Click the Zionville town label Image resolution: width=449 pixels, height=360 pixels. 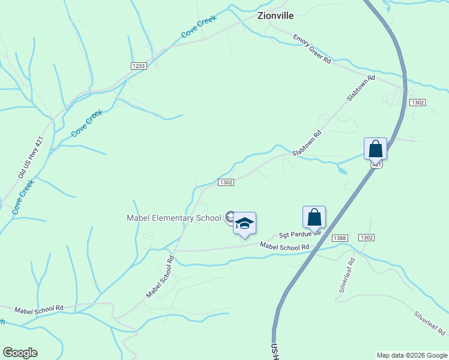276,16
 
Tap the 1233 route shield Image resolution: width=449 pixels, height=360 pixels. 139,66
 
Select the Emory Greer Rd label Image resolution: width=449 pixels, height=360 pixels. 312,49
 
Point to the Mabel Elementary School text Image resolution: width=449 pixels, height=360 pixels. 174,218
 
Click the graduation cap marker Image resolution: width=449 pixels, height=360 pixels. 244,223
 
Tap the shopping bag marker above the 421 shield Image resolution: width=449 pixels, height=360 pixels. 375,148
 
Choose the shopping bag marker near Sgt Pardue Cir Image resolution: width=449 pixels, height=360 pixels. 314,217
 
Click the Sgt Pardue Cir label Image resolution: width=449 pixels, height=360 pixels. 300,233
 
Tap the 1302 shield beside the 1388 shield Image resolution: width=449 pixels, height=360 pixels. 367,238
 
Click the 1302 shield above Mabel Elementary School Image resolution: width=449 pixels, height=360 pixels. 226,182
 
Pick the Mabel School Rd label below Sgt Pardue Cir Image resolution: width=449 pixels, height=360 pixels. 284,246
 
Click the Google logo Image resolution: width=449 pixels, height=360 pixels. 20,353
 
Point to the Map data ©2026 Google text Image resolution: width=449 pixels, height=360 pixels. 412,355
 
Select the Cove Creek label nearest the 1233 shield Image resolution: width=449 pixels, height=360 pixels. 198,28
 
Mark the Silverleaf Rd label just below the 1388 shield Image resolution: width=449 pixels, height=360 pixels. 347,274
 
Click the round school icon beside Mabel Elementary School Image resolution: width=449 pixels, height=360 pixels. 229,217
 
